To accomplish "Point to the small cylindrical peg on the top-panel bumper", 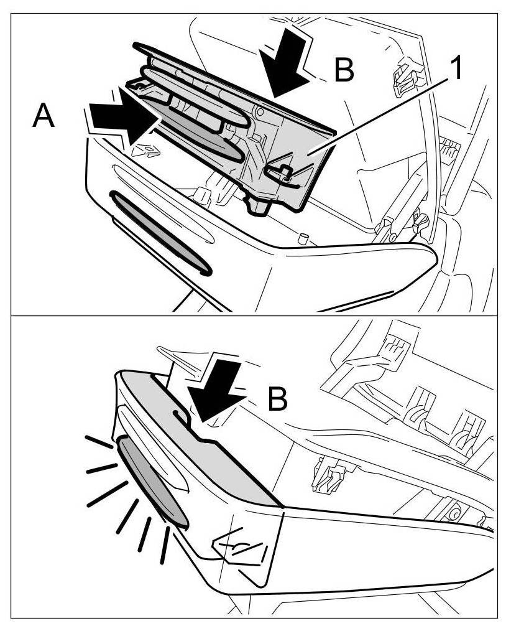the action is tap(303, 238).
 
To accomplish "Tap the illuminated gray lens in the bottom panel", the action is tap(151, 482).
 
